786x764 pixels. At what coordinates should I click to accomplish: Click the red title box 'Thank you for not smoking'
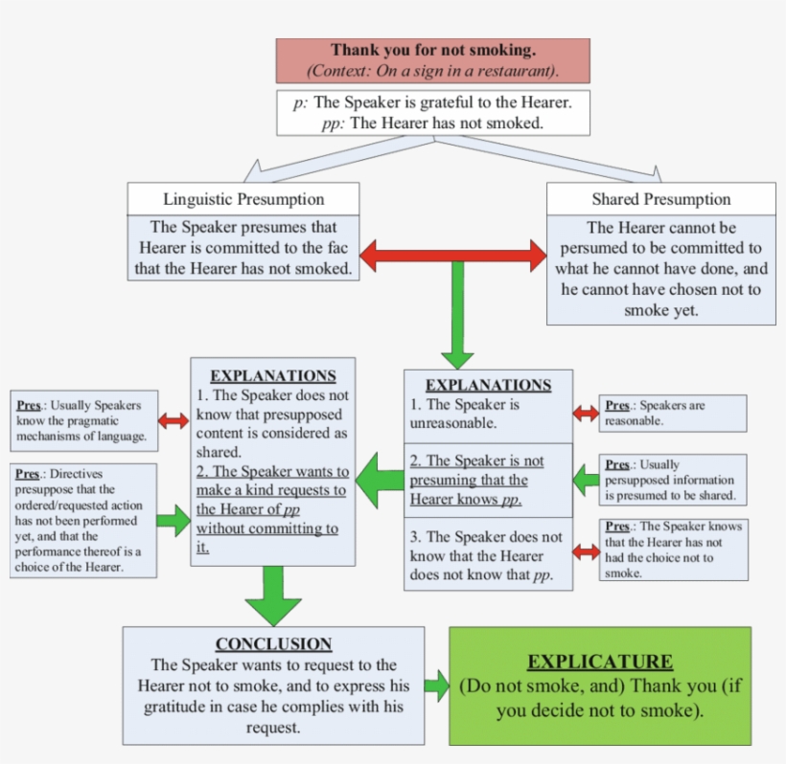click(x=432, y=60)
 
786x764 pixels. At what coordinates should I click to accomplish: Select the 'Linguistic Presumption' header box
click(x=243, y=199)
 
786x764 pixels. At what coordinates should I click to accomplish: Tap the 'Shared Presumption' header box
click(x=660, y=199)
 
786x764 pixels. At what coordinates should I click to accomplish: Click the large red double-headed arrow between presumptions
click(x=452, y=254)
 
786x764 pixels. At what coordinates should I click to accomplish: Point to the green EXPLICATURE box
click(x=600, y=685)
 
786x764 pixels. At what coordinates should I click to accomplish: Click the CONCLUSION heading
click(x=273, y=644)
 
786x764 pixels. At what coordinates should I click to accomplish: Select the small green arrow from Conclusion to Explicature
click(x=437, y=685)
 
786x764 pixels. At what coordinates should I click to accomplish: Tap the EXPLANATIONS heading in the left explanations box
click(x=273, y=376)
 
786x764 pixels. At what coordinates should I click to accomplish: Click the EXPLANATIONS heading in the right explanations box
click(x=488, y=385)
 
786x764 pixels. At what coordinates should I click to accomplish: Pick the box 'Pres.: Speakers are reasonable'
click(x=673, y=414)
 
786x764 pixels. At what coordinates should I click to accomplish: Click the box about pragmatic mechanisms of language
click(x=83, y=420)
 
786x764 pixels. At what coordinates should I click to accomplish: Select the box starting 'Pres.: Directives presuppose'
click(x=83, y=520)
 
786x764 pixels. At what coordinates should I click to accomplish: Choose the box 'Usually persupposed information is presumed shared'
click(x=673, y=480)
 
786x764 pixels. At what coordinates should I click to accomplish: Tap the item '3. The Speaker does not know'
click(x=488, y=555)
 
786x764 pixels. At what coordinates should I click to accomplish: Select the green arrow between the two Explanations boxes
click(x=380, y=474)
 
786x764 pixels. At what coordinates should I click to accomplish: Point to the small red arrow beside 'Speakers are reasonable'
click(x=586, y=414)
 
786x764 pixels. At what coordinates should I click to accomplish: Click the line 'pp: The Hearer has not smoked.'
click(x=432, y=123)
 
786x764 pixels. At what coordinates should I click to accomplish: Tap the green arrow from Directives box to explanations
click(x=173, y=520)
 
